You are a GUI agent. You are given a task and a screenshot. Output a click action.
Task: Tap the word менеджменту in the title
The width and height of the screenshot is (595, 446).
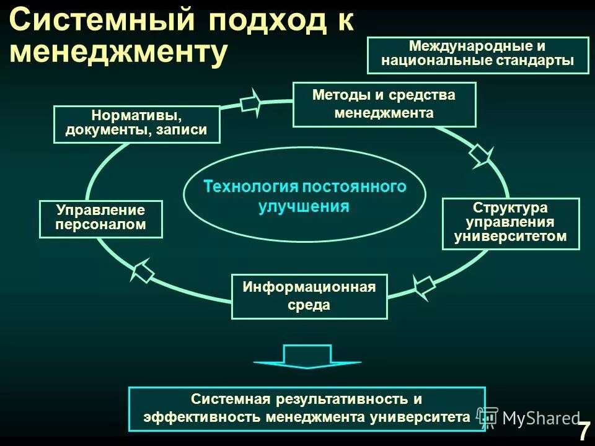pyautogui.click(x=117, y=53)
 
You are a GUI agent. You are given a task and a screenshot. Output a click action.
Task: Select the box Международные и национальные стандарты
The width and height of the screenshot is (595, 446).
pyautogui.click(x=477, y=55)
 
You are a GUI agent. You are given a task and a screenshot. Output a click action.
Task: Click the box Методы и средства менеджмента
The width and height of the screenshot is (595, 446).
pyautogui.click(x=384, y=104)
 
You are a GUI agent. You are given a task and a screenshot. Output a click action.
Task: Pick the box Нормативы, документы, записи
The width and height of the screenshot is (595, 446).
pyautogui.click(x=136, y=124)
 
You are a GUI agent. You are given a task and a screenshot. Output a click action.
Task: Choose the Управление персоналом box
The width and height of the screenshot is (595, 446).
pyautogui.click(x=100, y=218)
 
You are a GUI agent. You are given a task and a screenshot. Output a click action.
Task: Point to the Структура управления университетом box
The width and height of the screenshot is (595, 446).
pyautogui.click(x=510, y=223)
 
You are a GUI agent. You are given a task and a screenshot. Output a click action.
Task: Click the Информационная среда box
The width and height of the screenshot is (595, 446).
pyautogui.click(x=309, y=296)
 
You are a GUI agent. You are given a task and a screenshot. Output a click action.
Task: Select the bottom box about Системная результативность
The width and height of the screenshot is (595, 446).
pyautogui.click(x=306, y=408)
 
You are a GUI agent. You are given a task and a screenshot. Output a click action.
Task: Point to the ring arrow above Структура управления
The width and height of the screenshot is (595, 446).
pyautogui.click(x=482, y=154)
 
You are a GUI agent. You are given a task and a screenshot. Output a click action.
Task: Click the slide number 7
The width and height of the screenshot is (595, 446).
pyautogui.click(x=583, y=431)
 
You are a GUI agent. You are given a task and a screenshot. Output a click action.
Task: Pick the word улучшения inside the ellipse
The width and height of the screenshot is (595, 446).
pyautogui.click(x=304, y=206)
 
